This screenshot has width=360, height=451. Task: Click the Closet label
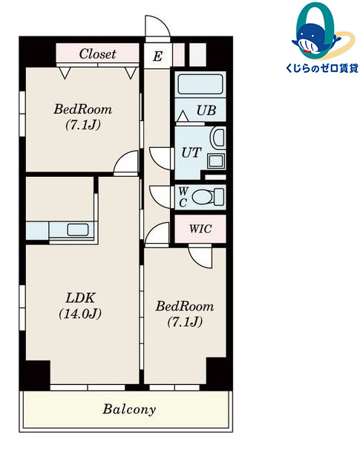point(97,53)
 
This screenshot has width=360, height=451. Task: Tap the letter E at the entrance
point(157,56)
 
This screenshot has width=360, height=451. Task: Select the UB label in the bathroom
point(206,110)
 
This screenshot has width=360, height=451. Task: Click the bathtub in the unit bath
point(200,84)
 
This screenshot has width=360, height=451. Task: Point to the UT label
point(191,152)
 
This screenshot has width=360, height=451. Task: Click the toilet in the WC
point(207,197)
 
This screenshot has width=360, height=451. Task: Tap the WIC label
point(200,229)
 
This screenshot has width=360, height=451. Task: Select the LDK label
point(80,298)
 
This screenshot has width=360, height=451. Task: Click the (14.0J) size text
point(80,314)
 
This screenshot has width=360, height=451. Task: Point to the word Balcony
point(129,409)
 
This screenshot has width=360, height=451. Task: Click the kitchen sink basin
point(78,230)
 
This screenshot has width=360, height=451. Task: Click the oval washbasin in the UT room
point(218,139)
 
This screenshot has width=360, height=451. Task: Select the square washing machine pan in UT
point(215,161)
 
